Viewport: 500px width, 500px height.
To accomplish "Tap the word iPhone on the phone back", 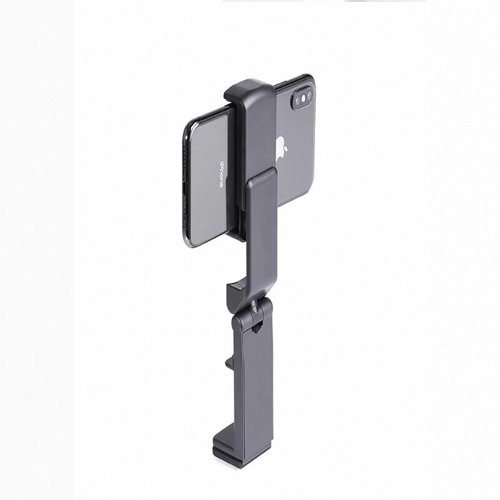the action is (x=221, y=174).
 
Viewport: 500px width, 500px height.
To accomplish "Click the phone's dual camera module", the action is (x=302, y=99).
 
